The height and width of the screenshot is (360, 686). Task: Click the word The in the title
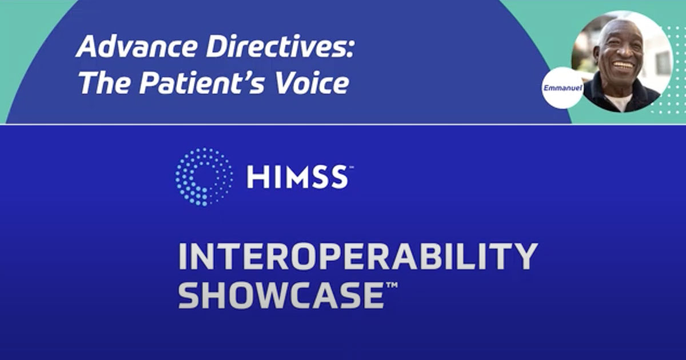(x=101, y=83)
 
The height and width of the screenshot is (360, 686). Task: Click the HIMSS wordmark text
(x=296, y=177)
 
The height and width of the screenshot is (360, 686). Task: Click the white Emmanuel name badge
(x=562, y=88)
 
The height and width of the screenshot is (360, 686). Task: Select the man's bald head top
(x=617, y=26)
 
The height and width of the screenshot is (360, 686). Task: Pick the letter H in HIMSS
(x=256, y=177)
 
